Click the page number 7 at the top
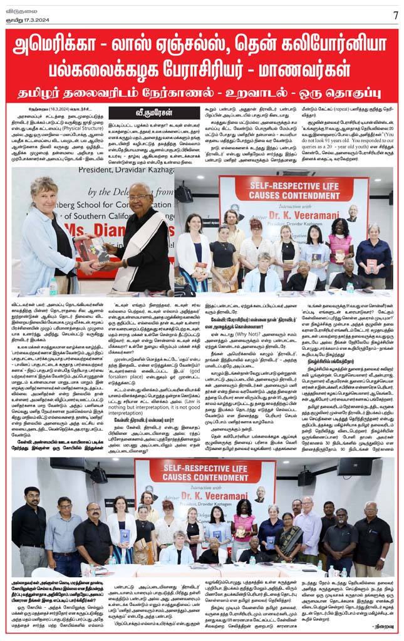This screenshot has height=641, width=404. point(395,14)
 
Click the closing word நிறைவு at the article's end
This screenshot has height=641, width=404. point(381,625)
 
